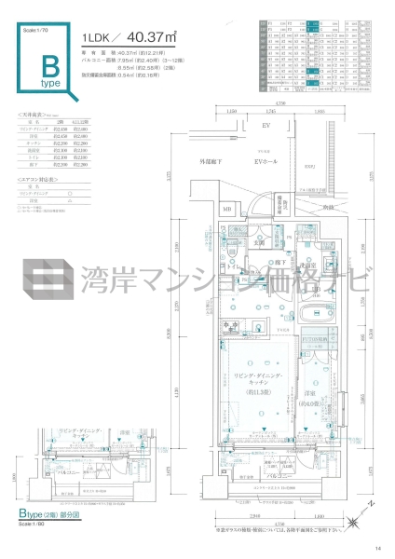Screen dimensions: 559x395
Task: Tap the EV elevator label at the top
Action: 265,125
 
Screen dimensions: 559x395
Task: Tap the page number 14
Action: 377,548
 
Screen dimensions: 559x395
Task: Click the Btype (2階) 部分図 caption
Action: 57,513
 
